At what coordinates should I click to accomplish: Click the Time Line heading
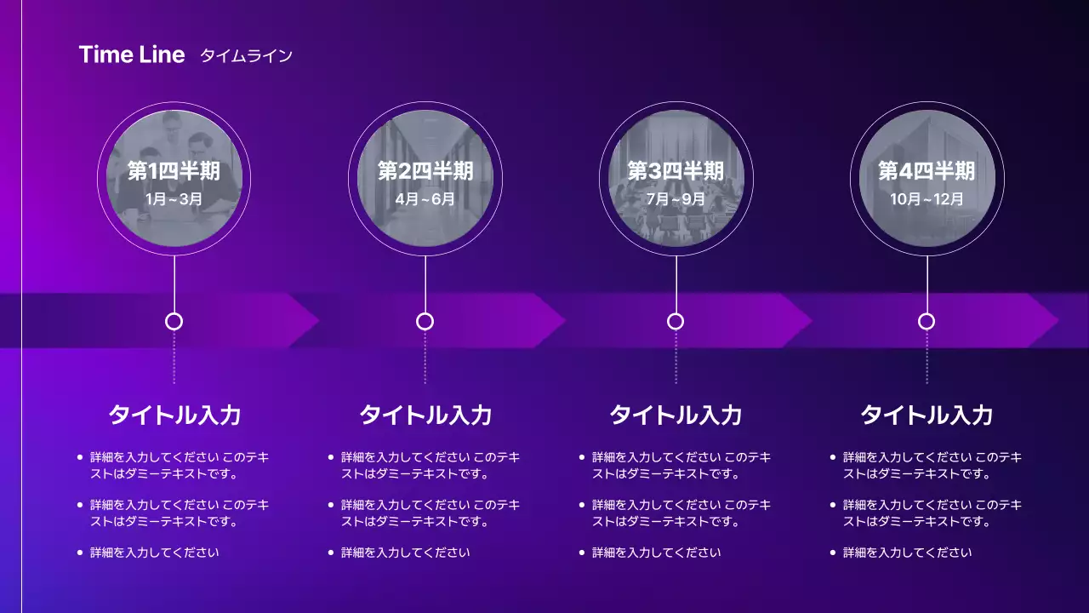pyautogui.click(x=132, y=55)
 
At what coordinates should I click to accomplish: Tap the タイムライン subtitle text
pyautogui.click(x=246, y=56)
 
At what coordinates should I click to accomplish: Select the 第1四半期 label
pyautogui.click(x=174, y=172)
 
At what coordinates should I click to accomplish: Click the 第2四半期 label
pyautogui.click(x=425, y=172)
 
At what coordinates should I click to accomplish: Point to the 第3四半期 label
pyautogui.click(x=676, y=172)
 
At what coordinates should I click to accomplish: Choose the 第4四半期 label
pyautogui.click(x=927, y=172)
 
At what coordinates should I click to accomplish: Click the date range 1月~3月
pyautogui.click(x=174, y=200)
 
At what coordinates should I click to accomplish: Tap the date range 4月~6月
pyautogui.click(x=425, y=200)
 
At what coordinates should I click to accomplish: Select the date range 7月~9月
pyautogui.click(x=676, y=200)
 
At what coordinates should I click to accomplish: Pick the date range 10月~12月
pyautogui.click(x=927, y=200)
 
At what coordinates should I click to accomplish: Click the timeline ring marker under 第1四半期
pyautogui.click(x=174, y=321)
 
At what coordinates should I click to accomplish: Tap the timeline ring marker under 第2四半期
pyautogui.click(x=425, y=321)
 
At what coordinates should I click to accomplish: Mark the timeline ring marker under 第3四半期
pyautogui.click(x=676, y=321)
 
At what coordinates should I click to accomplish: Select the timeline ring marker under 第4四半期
pyautogui.click(x=927, y=321)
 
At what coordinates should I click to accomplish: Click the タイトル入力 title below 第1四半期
pyautogui.click(x=174, y=415)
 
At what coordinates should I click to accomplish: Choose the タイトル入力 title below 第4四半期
pyautogui.click(x=927, y=415)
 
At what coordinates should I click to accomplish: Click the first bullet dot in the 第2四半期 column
pyautogui.click(x=330, y=457)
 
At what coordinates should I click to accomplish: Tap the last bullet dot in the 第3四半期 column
pyautogui.click(x=581, y=553)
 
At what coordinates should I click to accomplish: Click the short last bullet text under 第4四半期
pyautogui.click(x=907, y=553)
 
